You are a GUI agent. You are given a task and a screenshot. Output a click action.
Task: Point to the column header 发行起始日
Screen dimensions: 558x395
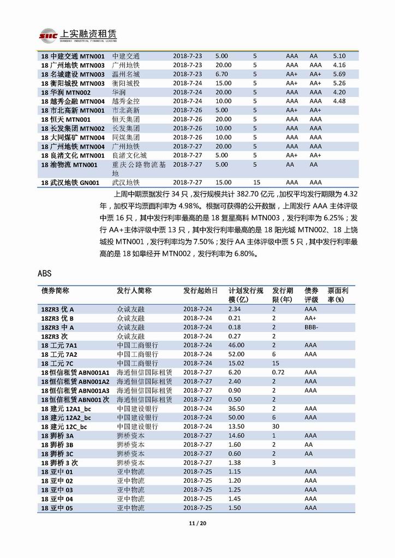(200, 290)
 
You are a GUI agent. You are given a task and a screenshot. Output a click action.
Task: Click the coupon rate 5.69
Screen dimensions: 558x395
(339, 74)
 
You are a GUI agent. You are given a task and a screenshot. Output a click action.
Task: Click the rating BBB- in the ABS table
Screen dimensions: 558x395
(312, 327)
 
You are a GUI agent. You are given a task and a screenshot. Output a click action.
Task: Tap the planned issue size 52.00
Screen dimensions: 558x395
(237, 354)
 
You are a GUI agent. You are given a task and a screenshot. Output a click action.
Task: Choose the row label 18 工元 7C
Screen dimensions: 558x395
(58, 363)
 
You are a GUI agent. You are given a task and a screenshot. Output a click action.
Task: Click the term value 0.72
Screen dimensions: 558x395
(278, 372)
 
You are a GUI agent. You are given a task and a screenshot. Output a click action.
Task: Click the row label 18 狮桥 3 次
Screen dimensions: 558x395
(60, 463)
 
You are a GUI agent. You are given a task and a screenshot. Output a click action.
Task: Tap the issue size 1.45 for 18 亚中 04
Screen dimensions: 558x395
(235, 499)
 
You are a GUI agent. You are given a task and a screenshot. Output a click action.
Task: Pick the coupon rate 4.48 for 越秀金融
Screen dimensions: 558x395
(339, 101)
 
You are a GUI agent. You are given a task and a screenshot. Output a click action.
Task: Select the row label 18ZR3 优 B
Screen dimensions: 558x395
(57, 318)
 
